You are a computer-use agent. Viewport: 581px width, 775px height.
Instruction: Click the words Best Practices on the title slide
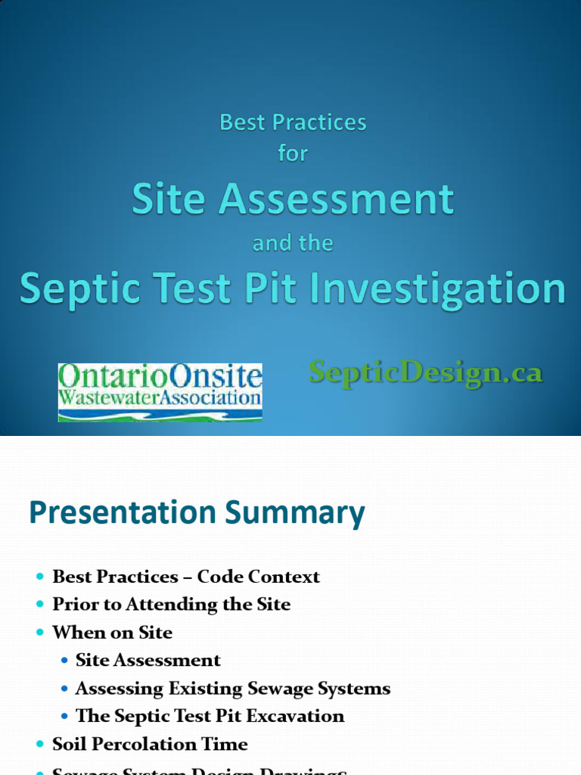[x=293, y=123]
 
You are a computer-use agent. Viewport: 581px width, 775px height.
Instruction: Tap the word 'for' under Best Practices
[x=293, y=154]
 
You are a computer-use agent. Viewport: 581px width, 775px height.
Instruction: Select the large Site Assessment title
[x=293, y=200]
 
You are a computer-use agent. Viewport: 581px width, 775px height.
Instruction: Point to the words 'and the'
[x=293, y=243]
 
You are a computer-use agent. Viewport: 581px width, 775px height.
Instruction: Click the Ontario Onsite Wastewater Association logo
[x=160, y=392]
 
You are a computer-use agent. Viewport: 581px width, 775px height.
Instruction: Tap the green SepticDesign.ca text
[x=425, y=372]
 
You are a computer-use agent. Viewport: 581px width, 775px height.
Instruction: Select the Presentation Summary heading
[x=197, y=513]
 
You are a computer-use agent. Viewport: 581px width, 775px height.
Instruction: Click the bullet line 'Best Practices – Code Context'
[x=185, y=577]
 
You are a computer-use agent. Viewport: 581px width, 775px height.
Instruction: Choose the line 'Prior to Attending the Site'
[x=171, y=605]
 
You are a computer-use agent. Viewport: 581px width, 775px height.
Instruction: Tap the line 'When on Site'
[x=112, y=633]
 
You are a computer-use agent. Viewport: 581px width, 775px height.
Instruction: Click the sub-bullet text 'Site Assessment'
[x=148, y=661]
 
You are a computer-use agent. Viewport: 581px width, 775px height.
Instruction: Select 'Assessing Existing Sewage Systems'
[x=233, y=689]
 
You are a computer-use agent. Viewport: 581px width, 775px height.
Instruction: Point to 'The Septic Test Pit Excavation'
[x=210, y=716]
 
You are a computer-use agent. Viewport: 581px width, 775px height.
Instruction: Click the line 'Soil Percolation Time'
[x=150, y=744]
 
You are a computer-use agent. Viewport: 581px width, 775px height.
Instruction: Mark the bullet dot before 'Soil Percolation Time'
[x=40, y=745]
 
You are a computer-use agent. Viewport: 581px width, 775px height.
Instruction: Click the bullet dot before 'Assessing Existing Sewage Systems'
[x=65, y=689]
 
